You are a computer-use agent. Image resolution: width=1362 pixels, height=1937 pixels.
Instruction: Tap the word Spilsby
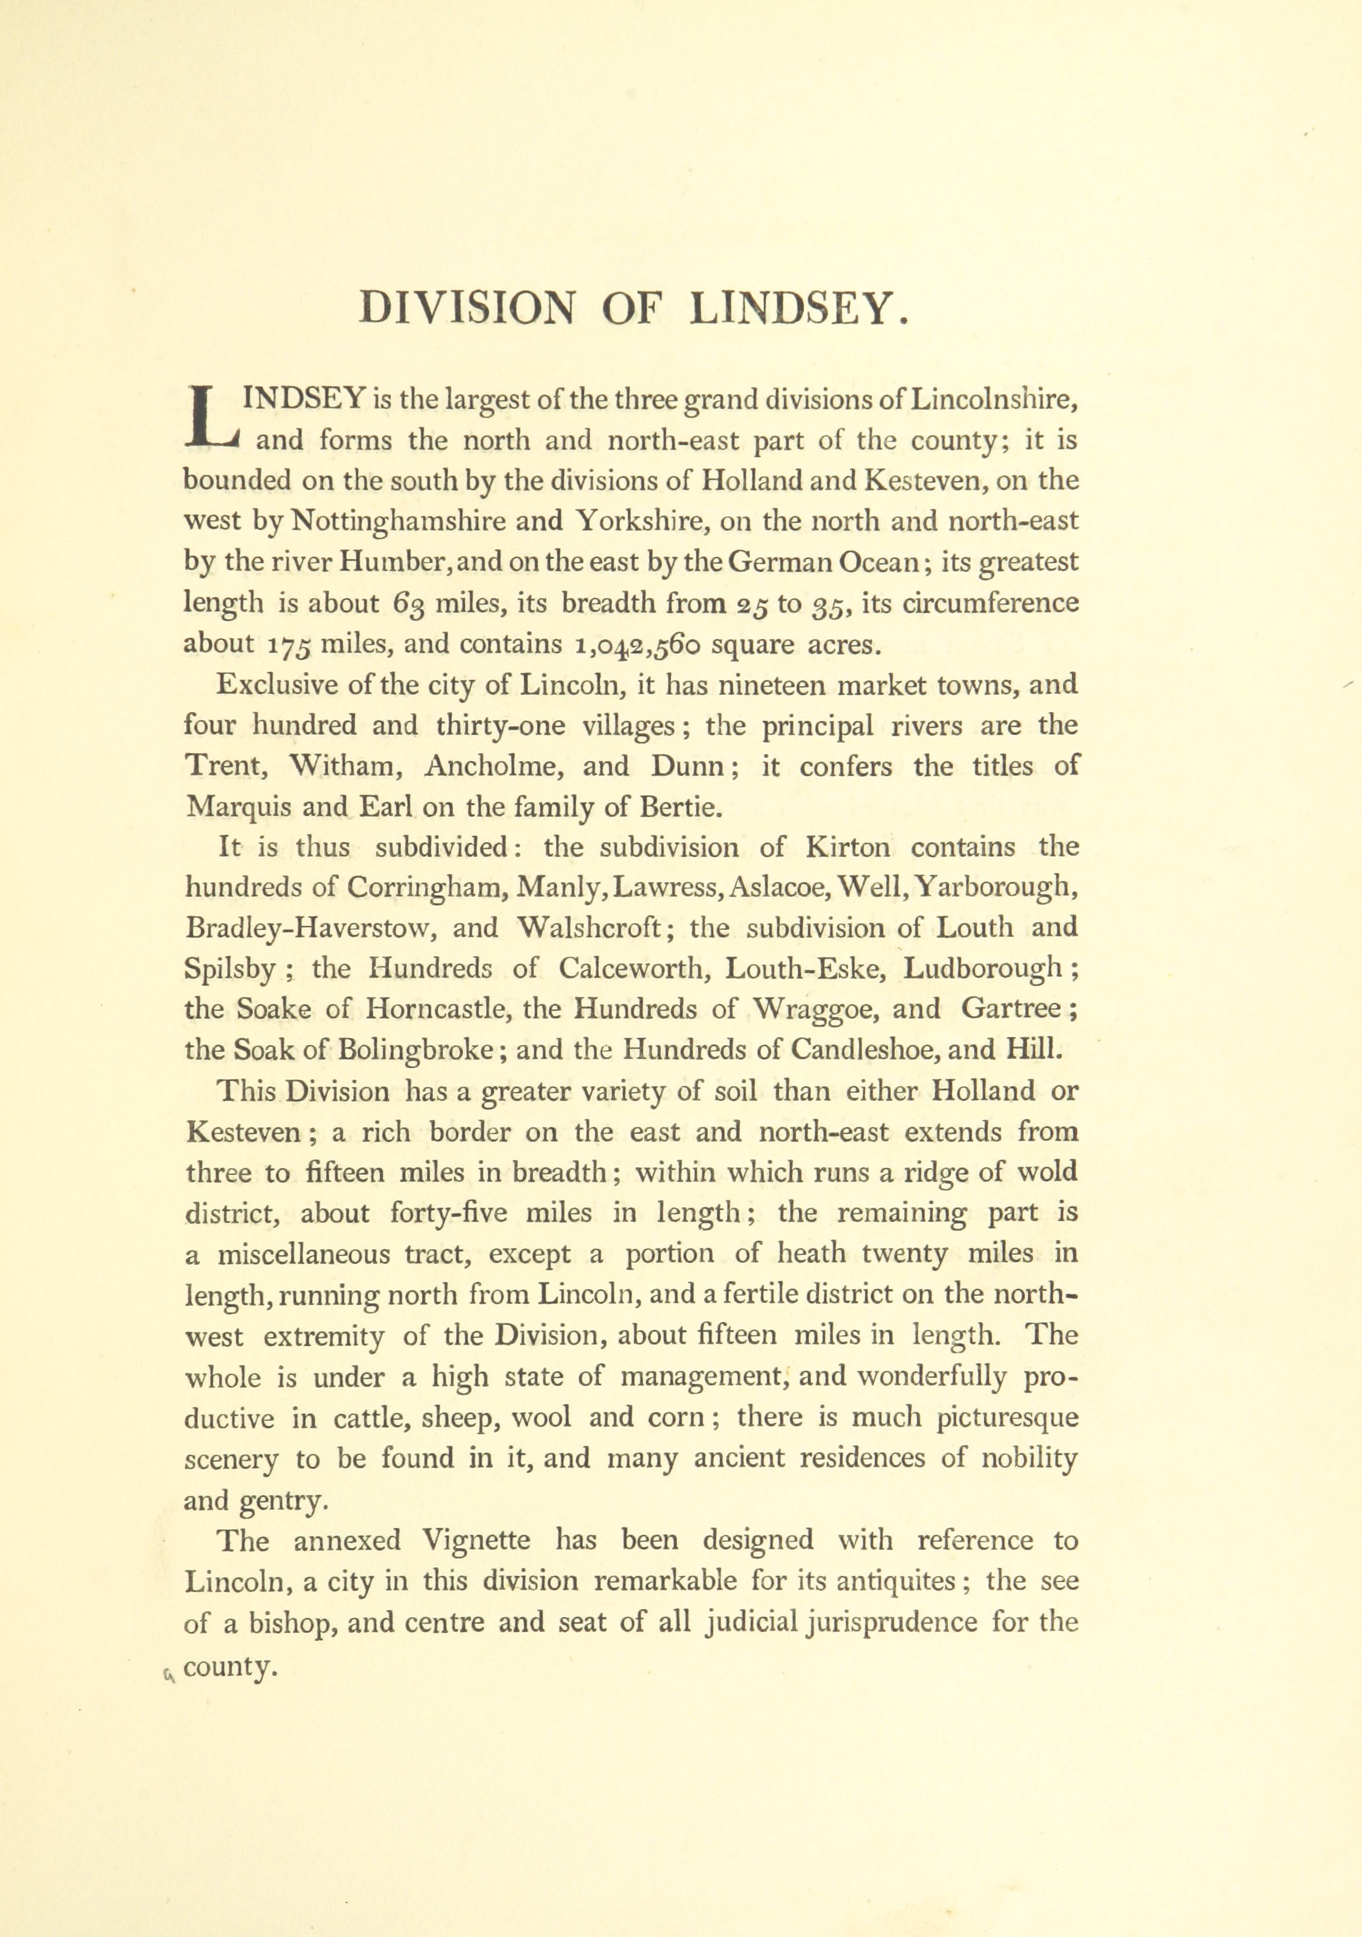(229, 969)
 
